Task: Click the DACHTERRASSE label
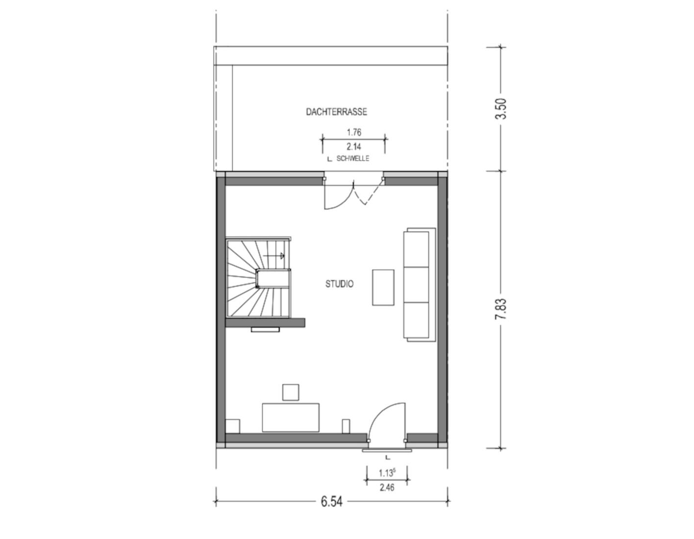336,112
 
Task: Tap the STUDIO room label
339,284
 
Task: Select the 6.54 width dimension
331,502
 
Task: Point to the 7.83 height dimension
500,309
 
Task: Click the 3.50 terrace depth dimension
500,109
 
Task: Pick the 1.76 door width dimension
354,132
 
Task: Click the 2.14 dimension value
354,147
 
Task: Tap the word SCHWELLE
353,159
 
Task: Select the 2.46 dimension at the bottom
387,488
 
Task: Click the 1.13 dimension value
386,473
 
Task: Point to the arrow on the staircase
274,255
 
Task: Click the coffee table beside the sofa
383,287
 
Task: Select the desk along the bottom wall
291,417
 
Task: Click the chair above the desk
291,392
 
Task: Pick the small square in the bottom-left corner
232,426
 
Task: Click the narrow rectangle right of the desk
346,426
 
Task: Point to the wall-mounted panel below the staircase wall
265,330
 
